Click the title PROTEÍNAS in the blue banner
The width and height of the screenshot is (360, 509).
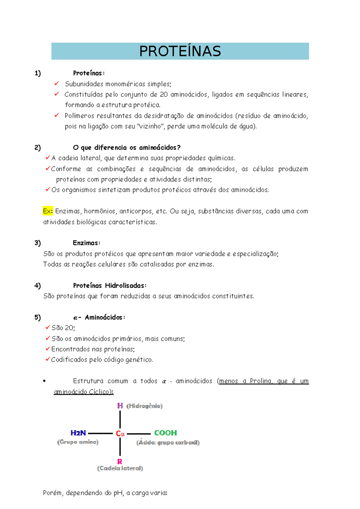point(180,51)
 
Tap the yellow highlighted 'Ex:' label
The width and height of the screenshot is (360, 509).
point(48,211)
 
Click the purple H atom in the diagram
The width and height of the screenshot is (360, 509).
point(120,406)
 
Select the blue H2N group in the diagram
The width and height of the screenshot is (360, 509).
point(78,433)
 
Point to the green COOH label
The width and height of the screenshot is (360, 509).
point(165,433)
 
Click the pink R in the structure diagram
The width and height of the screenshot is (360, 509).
point(120,462)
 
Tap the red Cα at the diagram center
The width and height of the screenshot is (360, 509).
point(120,434)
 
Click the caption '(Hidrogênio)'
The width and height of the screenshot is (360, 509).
point(144,406)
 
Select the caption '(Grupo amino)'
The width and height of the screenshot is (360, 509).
point(78,442)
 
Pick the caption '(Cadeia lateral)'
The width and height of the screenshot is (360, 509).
point(120,468)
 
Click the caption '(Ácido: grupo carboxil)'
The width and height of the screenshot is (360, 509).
point(168,442)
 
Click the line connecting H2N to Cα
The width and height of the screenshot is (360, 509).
point(100,433)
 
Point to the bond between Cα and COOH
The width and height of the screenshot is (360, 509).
point(139,434)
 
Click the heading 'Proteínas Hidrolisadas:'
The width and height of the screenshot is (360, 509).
point(109,285)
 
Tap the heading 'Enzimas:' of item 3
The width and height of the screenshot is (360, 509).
point(86,243)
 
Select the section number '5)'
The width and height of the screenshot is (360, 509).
point(37,317)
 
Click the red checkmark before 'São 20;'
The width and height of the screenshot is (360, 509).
point(47,327)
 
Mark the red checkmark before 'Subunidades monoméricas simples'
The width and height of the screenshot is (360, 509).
point(56,84)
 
